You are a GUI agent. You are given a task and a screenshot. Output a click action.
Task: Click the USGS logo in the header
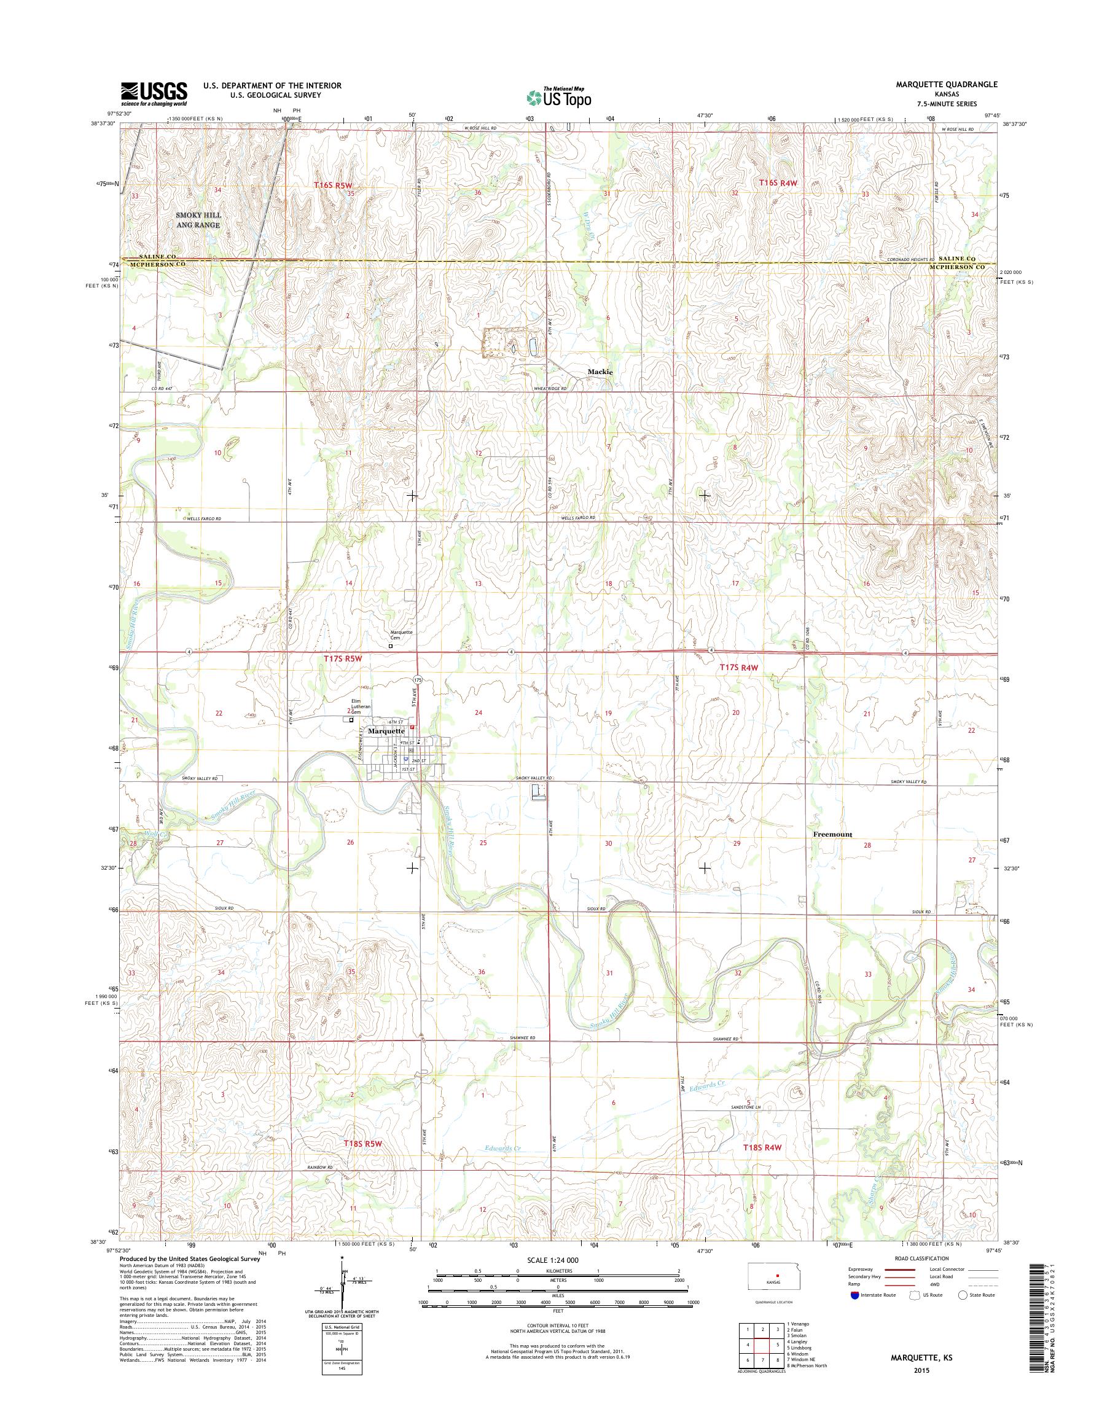(x=154, y=93)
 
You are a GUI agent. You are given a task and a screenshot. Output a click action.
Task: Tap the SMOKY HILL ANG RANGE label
(x=198, y=220)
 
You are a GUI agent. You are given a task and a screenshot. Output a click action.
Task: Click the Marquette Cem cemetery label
(x=401, y=634)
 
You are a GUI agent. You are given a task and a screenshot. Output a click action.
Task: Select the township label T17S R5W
(x=342, y=662)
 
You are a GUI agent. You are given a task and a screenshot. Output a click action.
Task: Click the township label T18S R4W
(x=762, y=1147)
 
